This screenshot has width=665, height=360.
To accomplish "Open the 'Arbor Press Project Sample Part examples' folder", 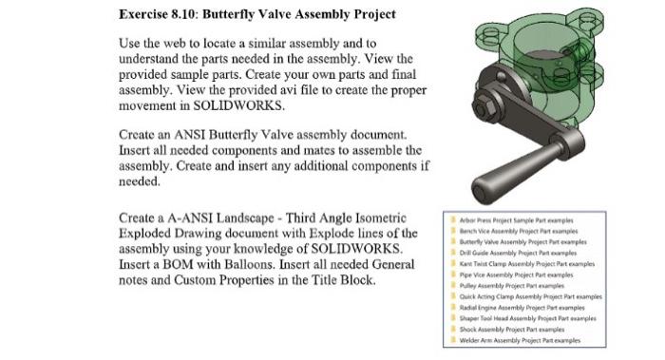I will [x=519, y=219].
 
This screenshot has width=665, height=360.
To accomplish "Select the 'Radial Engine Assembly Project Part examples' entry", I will [x=523, y=307].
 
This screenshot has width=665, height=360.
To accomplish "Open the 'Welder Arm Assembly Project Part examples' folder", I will [x=522, y=339].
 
